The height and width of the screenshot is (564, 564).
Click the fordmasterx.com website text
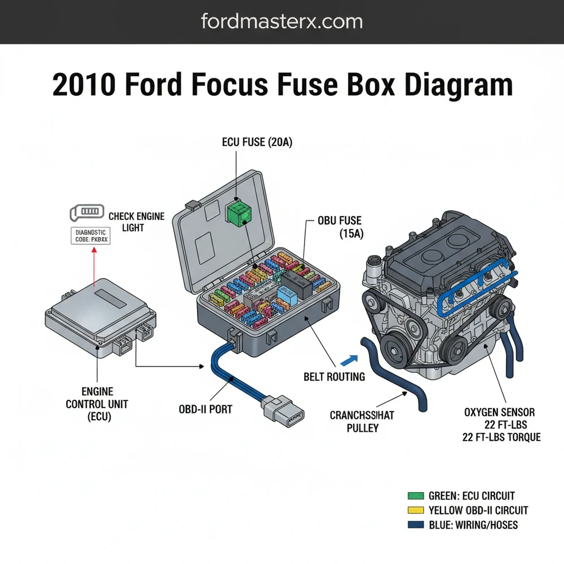281,22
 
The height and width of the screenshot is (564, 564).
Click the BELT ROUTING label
334,376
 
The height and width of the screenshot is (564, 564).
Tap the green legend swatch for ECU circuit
415,496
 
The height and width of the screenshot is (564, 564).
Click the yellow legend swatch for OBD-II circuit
415,510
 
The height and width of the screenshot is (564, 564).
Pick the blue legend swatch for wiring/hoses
415,525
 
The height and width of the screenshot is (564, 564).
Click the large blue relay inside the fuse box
284,293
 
